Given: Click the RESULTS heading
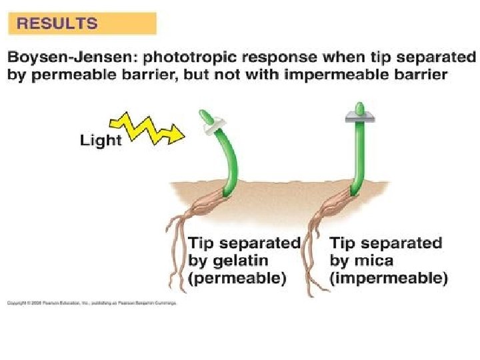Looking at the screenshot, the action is click(x=57, y=23).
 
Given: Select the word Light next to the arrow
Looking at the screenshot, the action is click(x=101, y=140).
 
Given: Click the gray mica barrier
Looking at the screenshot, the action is click(x=359, y=118).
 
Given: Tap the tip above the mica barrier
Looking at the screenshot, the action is click(x=359, y=108).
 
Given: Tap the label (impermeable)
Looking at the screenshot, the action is click(x=389, y=278).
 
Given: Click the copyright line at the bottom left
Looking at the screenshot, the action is click(x=91, y=303).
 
